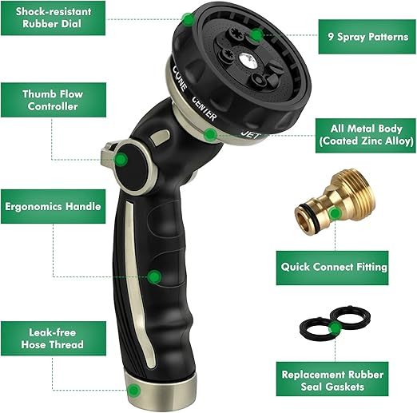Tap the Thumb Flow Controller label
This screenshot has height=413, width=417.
(52, 100)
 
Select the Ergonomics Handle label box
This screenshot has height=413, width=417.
(52, 206)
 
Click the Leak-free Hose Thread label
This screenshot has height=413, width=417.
(52, 339)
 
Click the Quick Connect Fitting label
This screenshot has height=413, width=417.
(333, 268)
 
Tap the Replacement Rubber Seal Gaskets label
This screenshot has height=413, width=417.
(333, 380)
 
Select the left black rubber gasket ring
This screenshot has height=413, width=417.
(316, 328)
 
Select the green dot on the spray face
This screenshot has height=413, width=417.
(255, 34)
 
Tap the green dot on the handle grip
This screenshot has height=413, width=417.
(155, 276)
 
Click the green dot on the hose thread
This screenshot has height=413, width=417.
(134, 391)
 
